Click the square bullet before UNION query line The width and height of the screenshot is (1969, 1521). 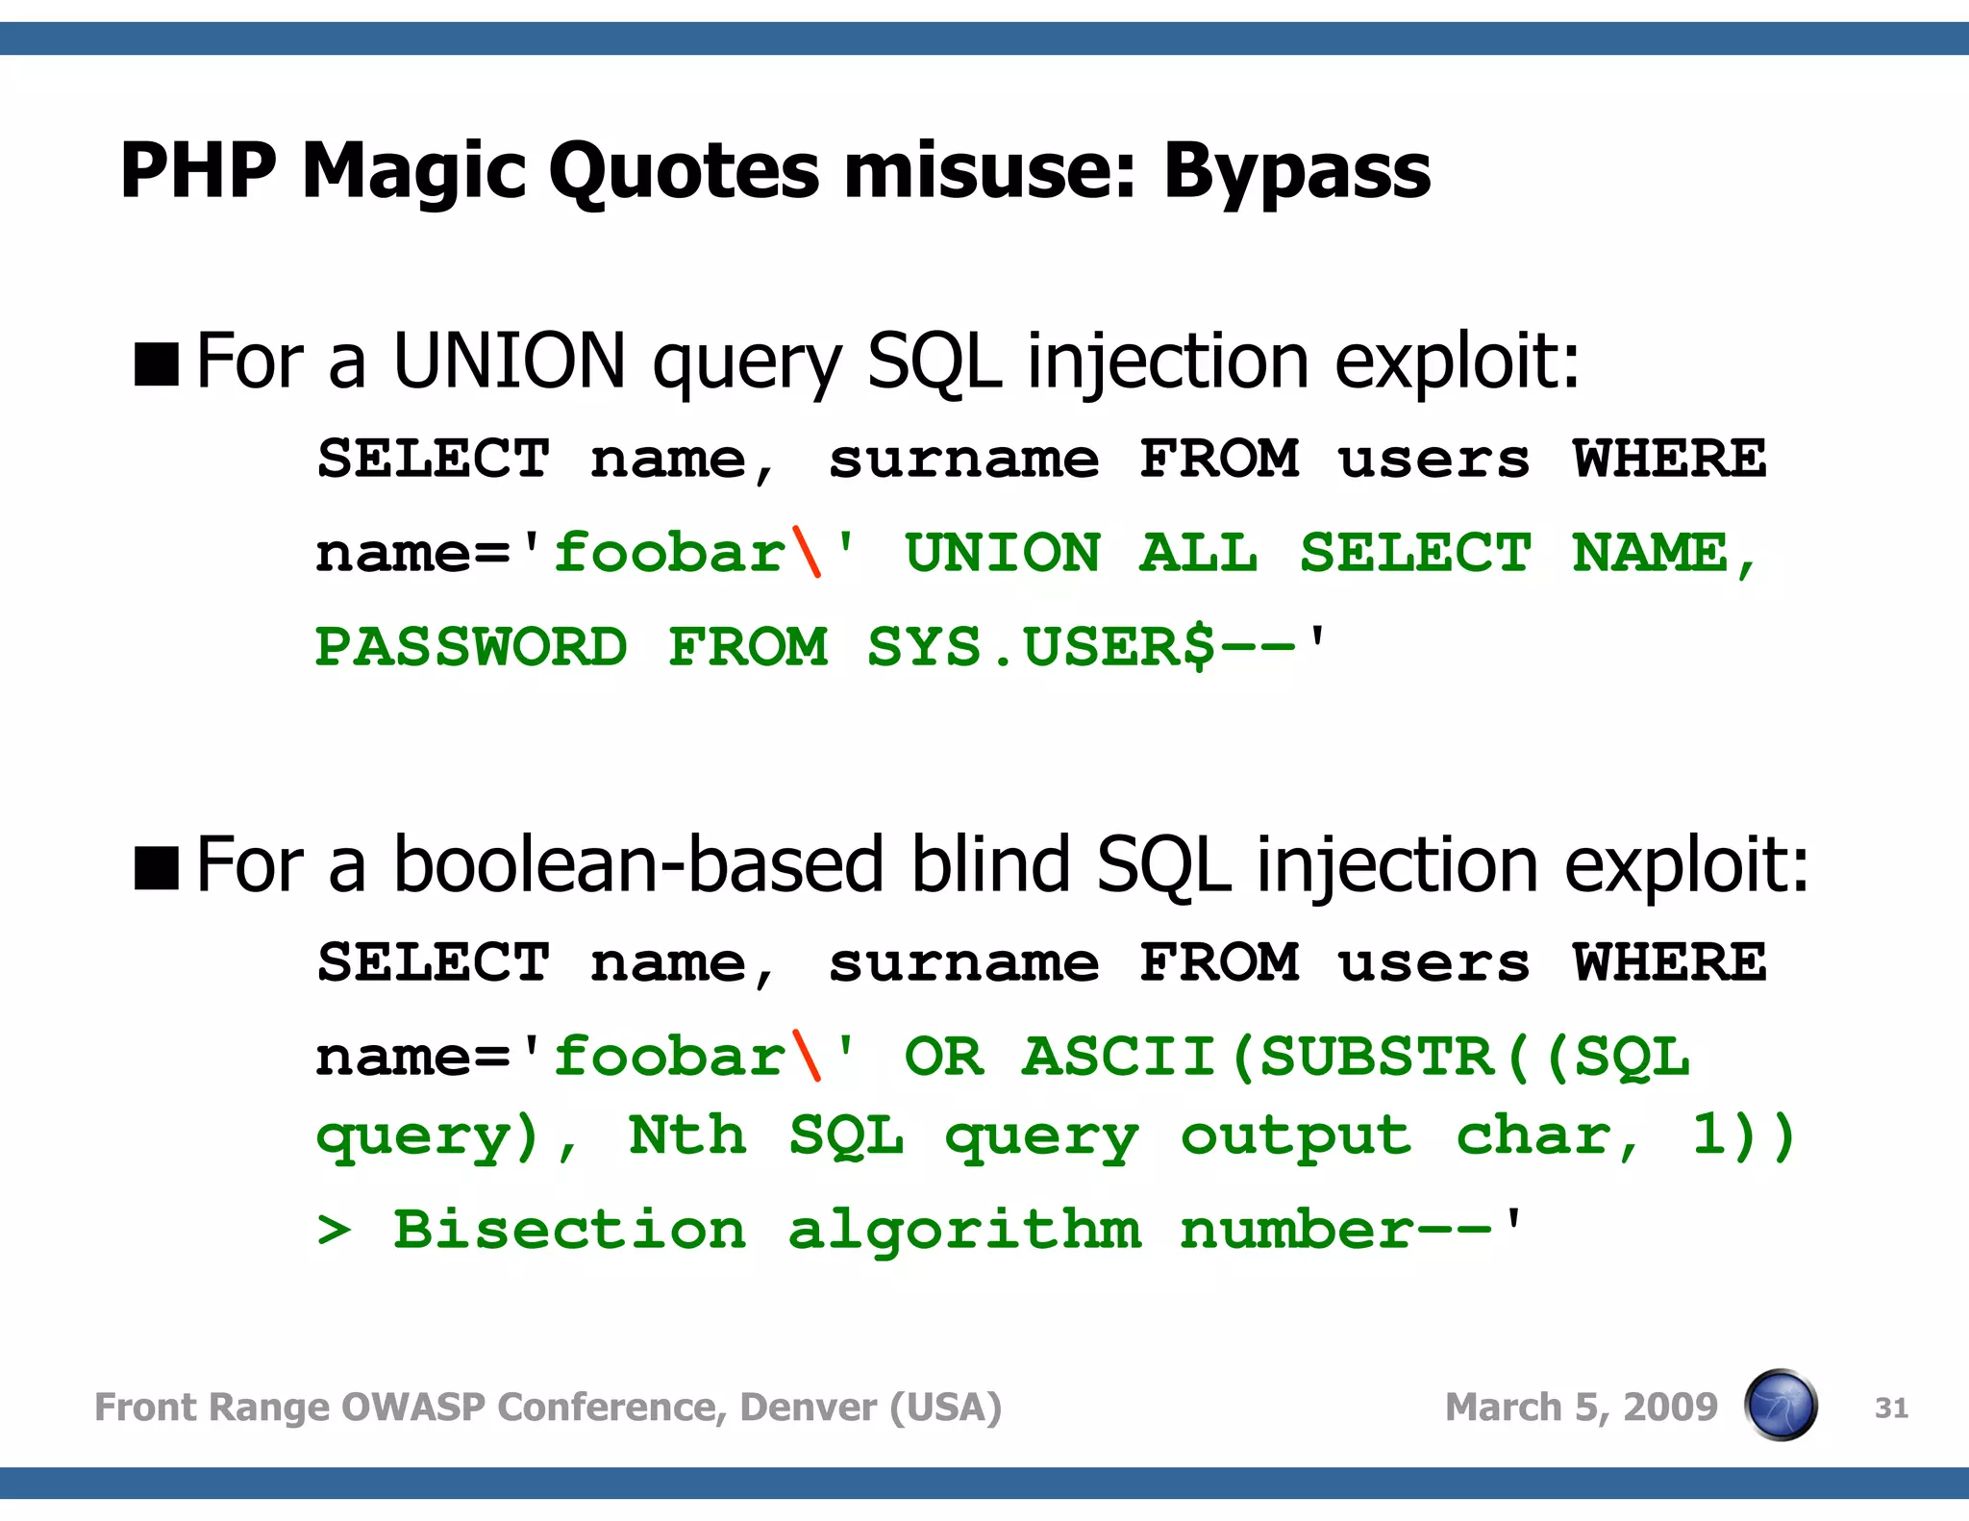[157, 364]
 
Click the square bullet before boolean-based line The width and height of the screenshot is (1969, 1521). [157, 868]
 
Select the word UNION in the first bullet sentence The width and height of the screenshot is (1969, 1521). [510, 362]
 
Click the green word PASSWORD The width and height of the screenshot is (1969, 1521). [471, 647]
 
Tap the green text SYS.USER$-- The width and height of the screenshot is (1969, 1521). [1082, 647]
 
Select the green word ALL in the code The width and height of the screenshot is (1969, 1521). [1198, 553]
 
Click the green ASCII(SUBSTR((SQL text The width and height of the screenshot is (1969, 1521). [1355, 1056]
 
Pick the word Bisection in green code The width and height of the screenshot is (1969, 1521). [569, 1230]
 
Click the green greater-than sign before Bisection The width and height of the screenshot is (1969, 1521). [334, 1231]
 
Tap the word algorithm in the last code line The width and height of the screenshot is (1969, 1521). [964, 1230]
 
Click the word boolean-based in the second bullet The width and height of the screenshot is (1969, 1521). [637, 865]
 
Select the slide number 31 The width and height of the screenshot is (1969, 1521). [1890, 1408]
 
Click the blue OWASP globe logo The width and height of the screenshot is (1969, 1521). [1781, 1406]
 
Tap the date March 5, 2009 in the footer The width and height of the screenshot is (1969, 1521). [1581, 1408]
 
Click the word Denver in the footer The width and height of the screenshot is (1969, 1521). [808, 1408]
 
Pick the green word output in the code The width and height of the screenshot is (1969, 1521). [1296, 1136]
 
